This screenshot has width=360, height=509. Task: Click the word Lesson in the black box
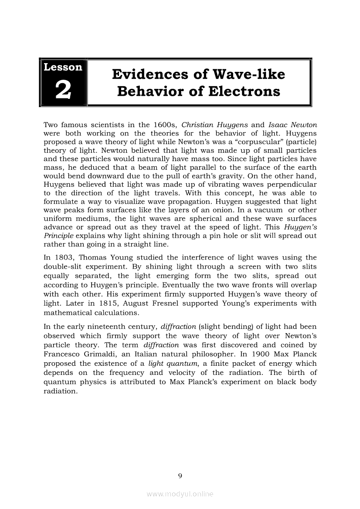(x=63, y=67)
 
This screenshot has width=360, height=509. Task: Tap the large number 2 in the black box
(x=63, y=90)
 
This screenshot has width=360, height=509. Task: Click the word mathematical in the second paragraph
(x=68, y=313)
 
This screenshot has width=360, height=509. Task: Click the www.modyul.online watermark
(x=180, y=494)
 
